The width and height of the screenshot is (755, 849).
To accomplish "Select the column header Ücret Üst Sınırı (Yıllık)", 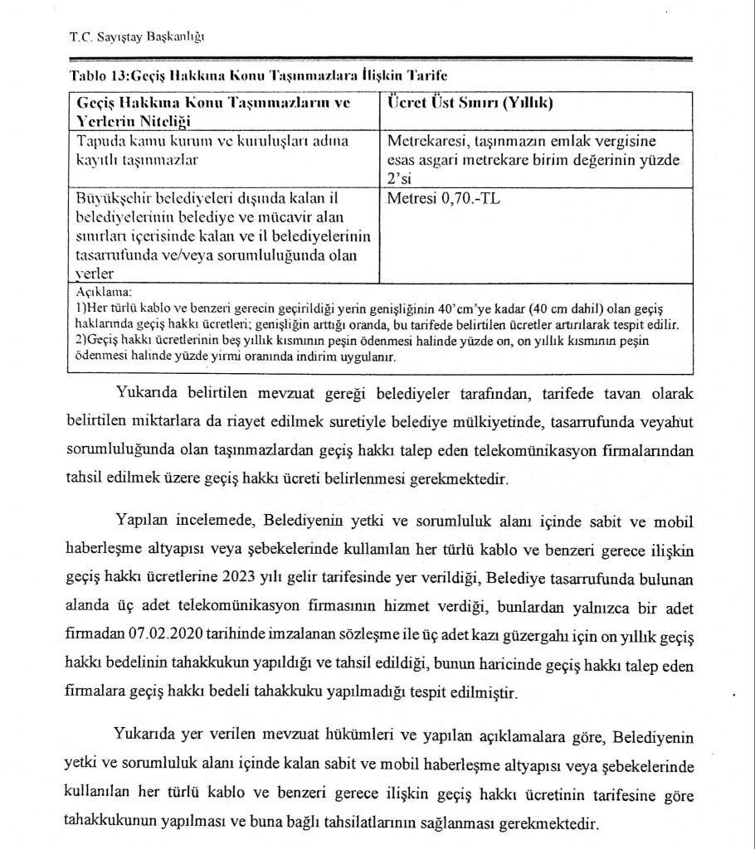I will click(470, 104).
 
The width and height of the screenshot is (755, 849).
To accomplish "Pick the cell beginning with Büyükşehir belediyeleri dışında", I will click(222, 235).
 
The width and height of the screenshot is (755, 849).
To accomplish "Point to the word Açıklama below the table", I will click(104, 293).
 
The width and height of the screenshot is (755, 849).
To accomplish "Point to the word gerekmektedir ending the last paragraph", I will click(547, 825).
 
